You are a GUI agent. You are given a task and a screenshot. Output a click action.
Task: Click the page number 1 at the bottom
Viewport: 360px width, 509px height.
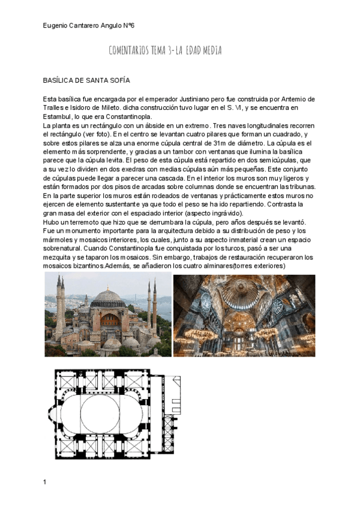click(45, 482)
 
